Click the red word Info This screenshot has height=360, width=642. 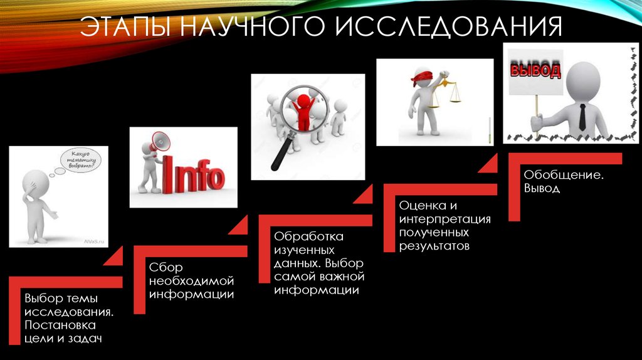193,175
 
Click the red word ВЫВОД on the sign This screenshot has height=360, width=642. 535,70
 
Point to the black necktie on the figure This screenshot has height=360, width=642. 582,117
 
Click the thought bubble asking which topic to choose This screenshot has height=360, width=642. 81,161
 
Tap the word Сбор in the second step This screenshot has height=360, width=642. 166,267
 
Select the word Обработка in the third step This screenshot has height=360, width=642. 308,237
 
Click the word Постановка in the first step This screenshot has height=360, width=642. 60,325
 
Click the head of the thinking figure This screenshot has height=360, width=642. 35,182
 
